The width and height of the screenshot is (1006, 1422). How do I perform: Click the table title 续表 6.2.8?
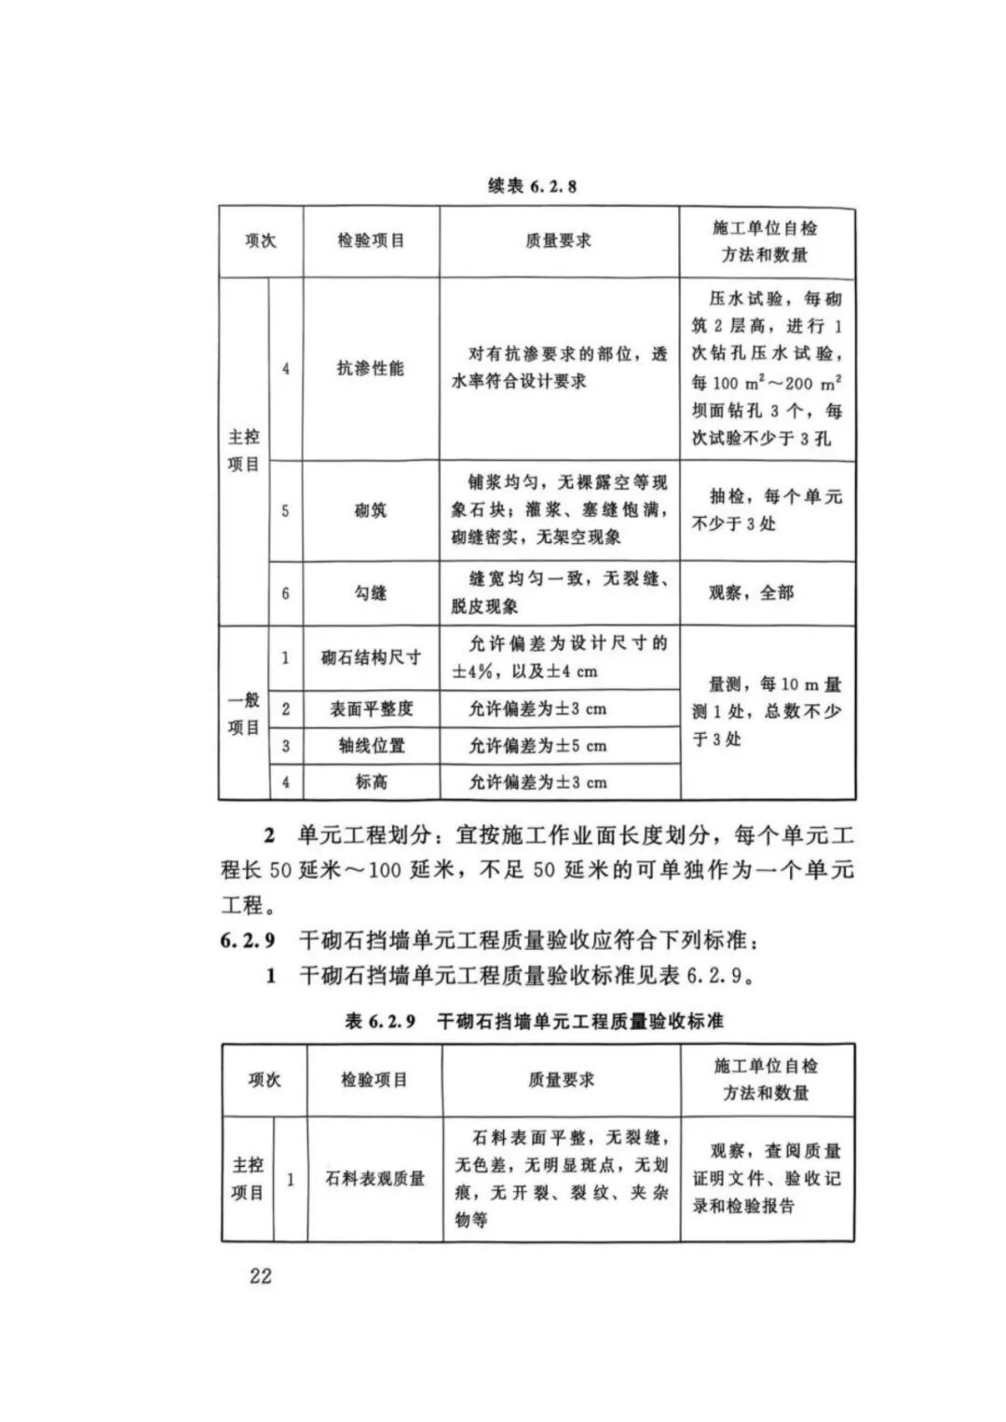pos(532,186)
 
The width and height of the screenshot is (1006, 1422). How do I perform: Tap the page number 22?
pos(260,1275)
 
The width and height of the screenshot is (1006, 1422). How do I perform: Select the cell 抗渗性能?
pos(370,369)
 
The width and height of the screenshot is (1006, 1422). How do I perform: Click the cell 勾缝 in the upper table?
pos(370,593)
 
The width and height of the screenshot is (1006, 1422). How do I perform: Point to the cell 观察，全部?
pos(751,592)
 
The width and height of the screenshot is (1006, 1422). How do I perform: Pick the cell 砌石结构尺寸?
pos(370,657)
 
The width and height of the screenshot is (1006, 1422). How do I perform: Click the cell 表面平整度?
pos(370,709)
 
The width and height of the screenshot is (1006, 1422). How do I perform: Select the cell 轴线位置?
pos(370,746)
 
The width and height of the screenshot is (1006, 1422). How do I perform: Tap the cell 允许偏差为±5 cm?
pos(537,746)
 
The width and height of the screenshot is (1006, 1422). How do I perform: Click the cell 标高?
pos(370,782)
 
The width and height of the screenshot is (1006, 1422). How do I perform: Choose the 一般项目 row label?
pos(243,713)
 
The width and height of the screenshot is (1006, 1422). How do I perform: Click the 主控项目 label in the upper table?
pos(243,451)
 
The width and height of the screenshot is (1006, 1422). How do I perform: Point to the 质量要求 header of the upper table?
pos(558,241)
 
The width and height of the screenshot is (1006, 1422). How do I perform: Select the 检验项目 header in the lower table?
pos(374,1080)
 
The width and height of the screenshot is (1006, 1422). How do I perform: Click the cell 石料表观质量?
pos(374,1179)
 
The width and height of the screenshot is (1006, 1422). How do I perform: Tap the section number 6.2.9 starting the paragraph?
pos(248,941)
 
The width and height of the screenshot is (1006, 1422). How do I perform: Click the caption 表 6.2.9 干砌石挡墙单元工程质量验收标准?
pos(534,1022)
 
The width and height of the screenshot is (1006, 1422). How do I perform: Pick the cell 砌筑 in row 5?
pos(370,510)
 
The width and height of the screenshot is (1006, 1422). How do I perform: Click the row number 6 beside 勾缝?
pos(285,593)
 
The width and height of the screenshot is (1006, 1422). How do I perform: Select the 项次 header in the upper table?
pos(260,241)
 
